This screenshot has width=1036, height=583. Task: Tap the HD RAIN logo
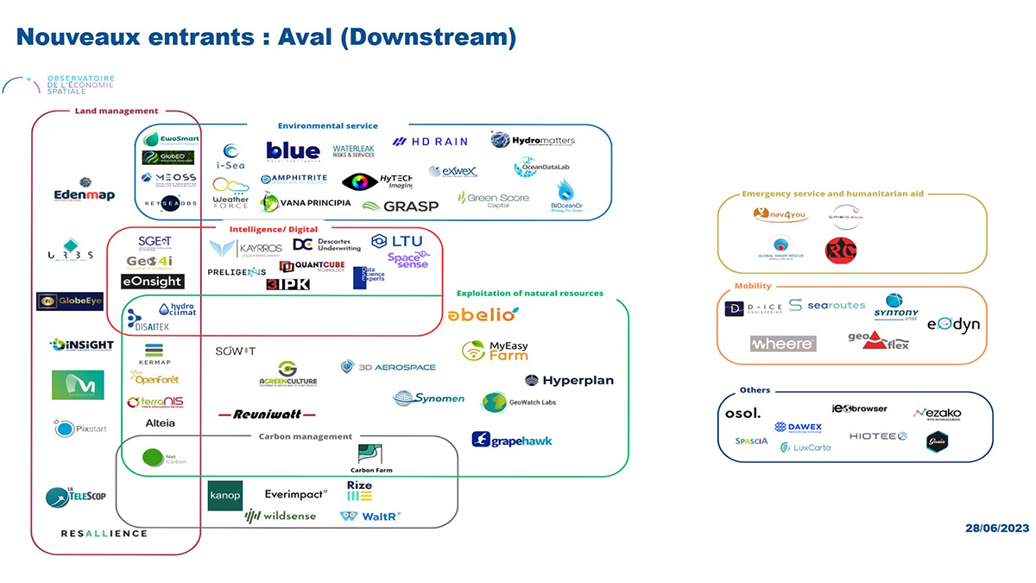429,142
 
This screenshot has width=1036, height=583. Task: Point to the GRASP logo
400,206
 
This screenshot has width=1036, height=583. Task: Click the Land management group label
117,111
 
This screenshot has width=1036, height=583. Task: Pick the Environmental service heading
327,126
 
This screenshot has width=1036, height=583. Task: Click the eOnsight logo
152,282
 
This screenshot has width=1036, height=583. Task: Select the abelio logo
483,315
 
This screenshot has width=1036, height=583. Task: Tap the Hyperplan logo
569,380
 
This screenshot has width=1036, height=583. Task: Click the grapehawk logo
512,440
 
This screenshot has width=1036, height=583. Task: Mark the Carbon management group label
306,436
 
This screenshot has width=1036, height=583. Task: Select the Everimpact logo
296,494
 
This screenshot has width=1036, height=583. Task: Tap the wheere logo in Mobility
783,344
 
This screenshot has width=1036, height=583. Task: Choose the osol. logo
742,414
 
